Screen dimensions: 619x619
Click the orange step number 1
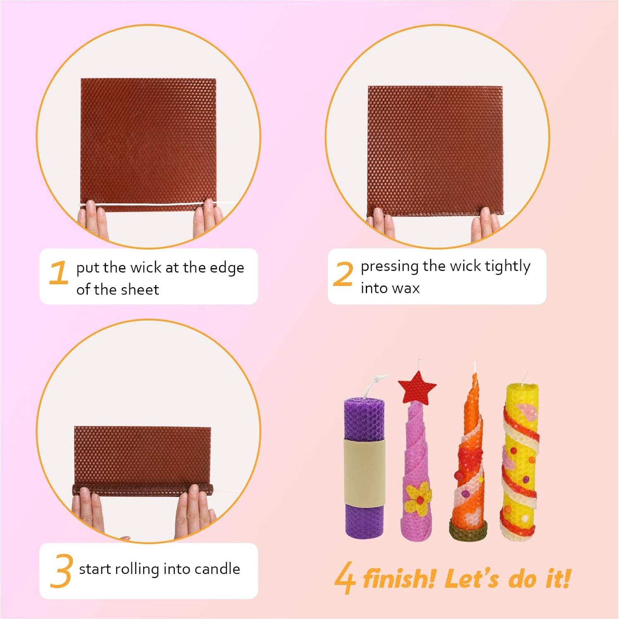point(58,273)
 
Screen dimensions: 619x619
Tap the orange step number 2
point(343,274)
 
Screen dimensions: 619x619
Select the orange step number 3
point(61,571)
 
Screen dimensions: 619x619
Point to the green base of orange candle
point(468,530)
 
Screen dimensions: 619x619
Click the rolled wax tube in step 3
point(143,489)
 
